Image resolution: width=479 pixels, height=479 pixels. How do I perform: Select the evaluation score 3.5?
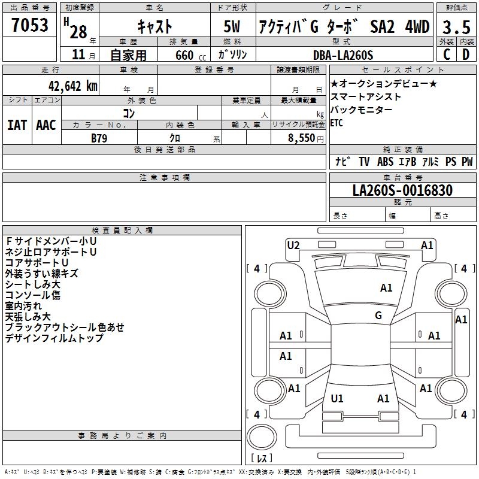click(x=455, y=27)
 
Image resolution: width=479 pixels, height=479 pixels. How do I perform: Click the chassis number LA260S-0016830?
click(x=402, y=190)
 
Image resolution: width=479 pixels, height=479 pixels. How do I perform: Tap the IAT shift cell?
click(x=17, y=125)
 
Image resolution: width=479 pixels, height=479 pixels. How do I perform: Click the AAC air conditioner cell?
click(x=46, y=125)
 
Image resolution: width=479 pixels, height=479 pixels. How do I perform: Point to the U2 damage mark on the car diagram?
click(x=293, y=245)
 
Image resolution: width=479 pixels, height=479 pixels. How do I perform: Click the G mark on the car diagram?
click(x=378, y=316)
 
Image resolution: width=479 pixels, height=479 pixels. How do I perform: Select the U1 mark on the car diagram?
click(x=337, y=398)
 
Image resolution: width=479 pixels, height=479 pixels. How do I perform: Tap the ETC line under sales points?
click(x=337, y=123)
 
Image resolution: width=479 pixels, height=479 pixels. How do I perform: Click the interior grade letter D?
click(x=465, y=54)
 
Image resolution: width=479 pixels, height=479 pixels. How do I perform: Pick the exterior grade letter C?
click(x=446, y=54)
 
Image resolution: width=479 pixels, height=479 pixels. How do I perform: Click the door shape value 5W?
click(x=232, y=27)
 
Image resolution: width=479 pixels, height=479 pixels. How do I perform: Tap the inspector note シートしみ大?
click(x=32, y=284)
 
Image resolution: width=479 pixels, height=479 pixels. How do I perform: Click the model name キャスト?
click(x=154, y=27)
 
